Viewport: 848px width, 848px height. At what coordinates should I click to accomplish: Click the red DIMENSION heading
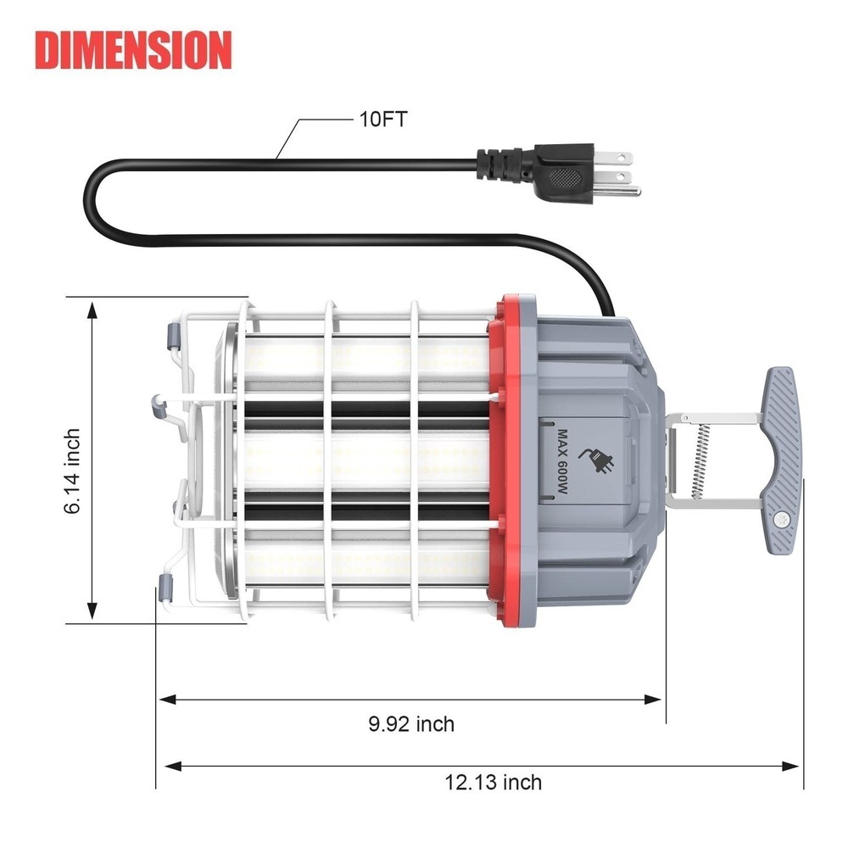click(x=133, y=50)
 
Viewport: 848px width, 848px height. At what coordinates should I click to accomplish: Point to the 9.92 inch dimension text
click(x=411, y=724)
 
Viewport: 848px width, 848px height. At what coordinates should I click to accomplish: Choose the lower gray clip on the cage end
click(x=166, y=588)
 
